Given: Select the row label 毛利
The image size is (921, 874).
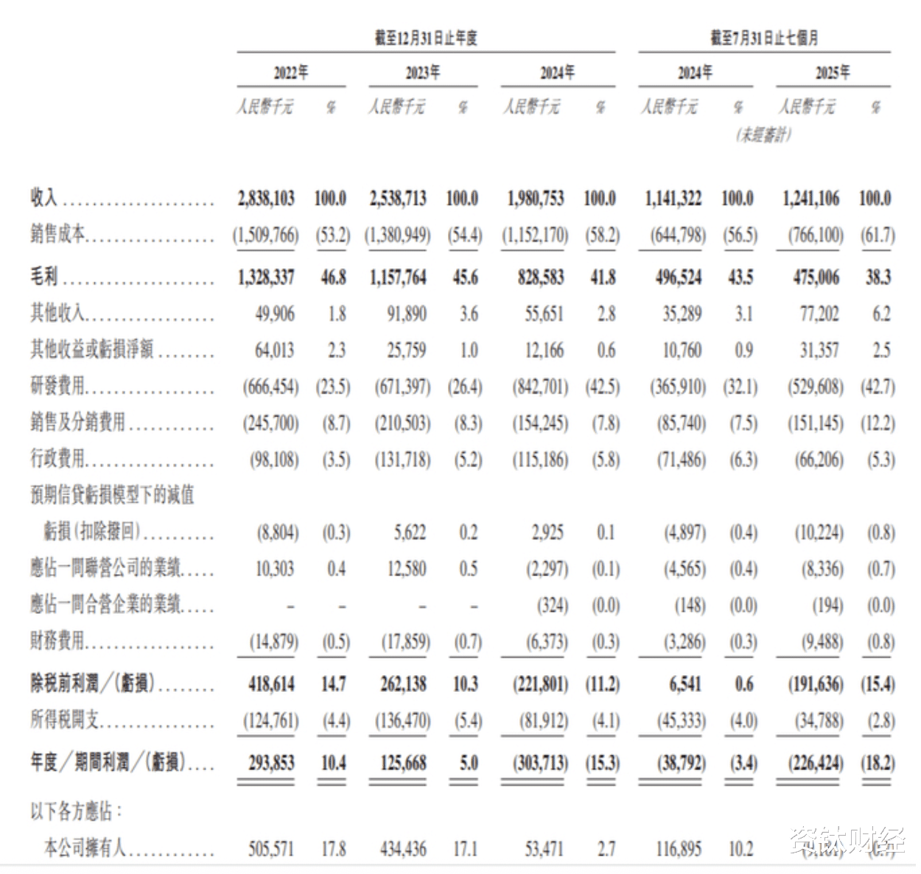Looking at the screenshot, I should pyautogui.click(x=44, y=277).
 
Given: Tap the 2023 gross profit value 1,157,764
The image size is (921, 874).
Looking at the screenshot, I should pyautogui.click(x=398, y=277).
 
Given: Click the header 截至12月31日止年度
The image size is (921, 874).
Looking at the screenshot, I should pyautogui.click(x=426, y=38).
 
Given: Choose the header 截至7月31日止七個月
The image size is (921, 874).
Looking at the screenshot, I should pyautogui.click(x=764, y=38).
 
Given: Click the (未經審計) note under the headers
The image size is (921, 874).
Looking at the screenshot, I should pyautogui.click(x=764, y=135).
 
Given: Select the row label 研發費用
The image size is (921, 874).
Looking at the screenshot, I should pyautogui.click(x=57, y=385).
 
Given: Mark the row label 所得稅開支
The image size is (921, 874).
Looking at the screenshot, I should pyautogui.click(x=65, y=720).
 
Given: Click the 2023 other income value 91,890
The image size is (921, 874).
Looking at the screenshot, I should pyautogui.click(x=407, y=314).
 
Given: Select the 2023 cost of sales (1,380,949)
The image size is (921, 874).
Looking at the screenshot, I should pyautogui.click(x=398, y=236).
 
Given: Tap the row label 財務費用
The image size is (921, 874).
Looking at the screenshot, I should pyautogui.click(x=57, y=641).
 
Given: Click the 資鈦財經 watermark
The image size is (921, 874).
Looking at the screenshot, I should pyautogui.click(x=847, y=840).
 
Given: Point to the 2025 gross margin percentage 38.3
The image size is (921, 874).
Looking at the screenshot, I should pyautogui.click(x=878, y=277).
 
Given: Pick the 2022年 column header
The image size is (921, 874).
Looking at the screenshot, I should pyautogui.click(x=291, y=72).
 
